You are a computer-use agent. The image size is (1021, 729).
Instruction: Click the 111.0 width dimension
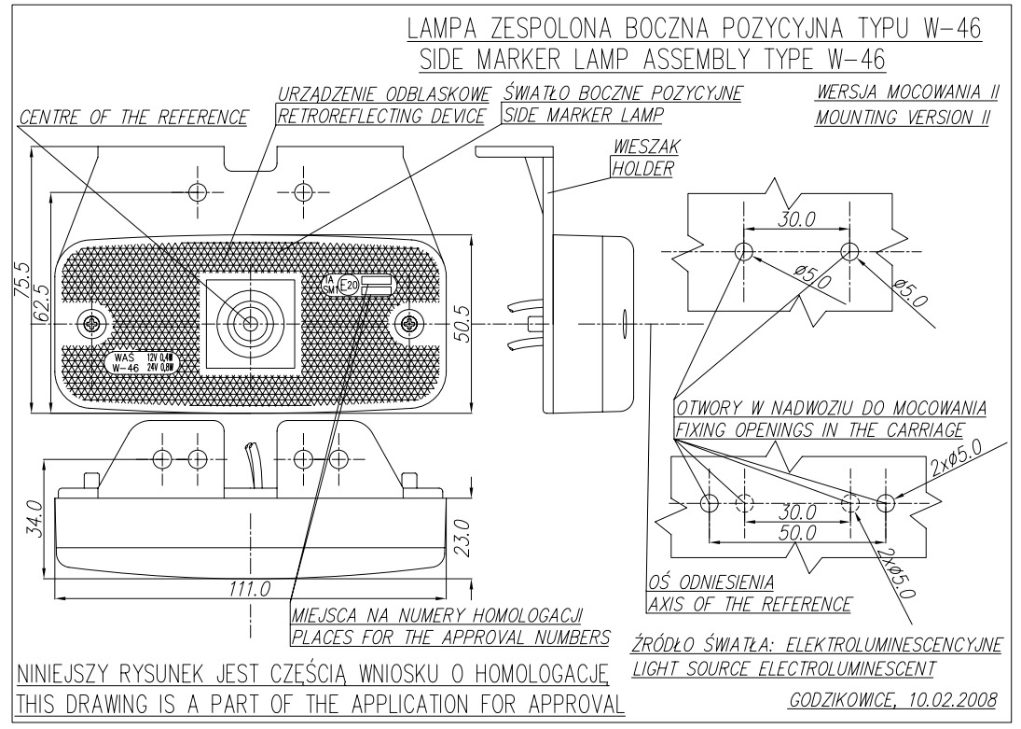coord(249,589)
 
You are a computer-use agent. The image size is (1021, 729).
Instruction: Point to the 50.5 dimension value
coord(462,324)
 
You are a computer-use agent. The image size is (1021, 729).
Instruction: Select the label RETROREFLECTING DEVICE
coord(382,117)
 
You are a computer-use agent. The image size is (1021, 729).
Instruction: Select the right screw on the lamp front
coord(409,324)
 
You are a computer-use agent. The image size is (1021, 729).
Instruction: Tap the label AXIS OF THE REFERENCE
coord(749,604)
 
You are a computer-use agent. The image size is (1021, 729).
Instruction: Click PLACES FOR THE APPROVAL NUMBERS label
coord(450,638)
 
